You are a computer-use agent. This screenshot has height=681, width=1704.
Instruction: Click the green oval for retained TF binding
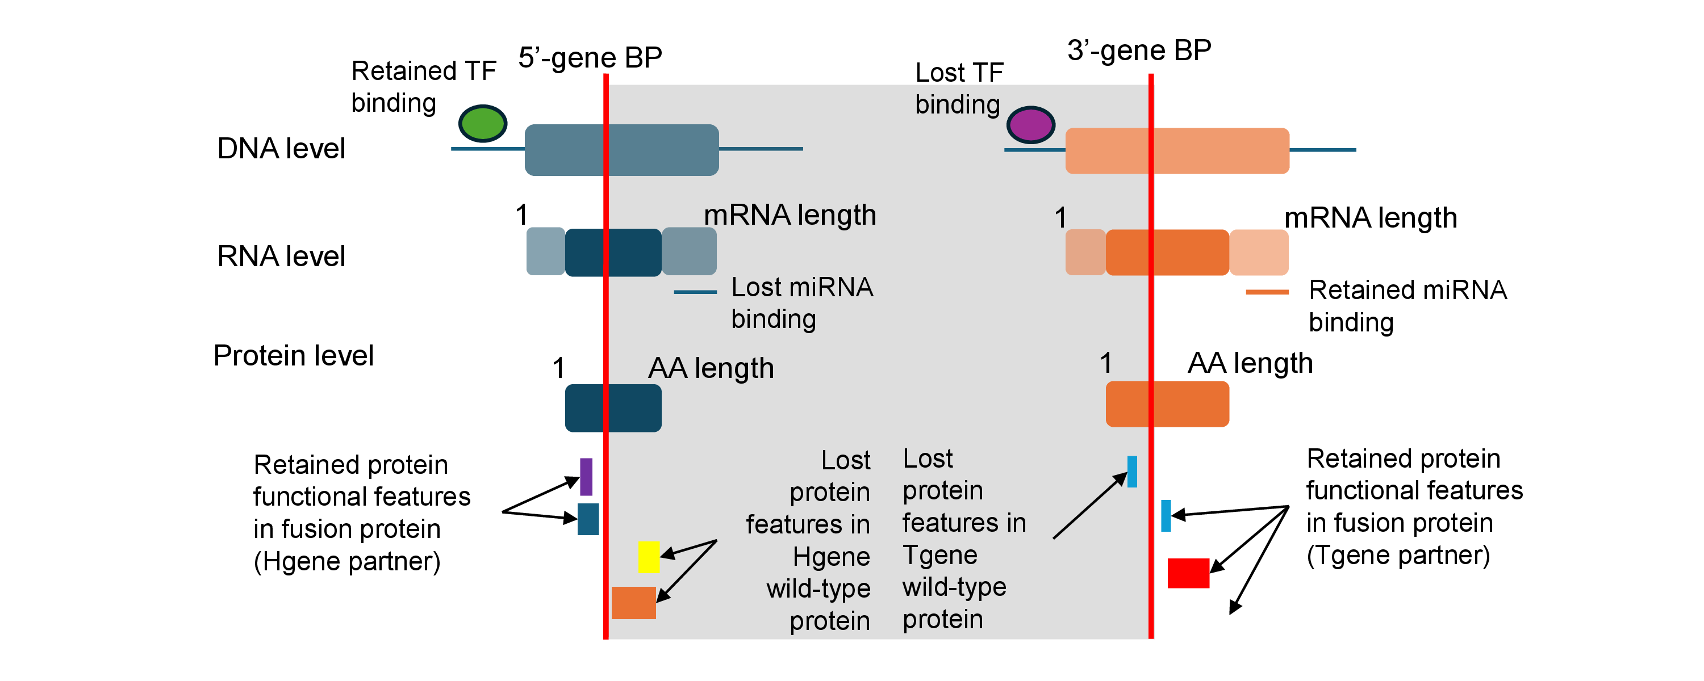pos(483,123)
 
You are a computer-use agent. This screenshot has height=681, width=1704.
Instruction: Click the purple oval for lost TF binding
pos(1030,125)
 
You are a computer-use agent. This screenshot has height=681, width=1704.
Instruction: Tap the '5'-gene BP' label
pos(590,57)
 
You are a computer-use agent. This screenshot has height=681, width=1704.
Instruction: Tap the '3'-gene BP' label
pos(1139,51)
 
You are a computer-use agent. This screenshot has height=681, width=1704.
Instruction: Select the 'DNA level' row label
pos(281,148)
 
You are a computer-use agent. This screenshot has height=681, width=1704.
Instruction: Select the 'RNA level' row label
pos(281,256)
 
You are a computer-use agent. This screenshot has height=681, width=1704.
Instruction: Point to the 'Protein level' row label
pos(293,356)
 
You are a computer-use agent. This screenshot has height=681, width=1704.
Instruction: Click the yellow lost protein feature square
pos(649,557)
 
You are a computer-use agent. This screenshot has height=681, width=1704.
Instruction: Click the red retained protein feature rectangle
pos(1189,573)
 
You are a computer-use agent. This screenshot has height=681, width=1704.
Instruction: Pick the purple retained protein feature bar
pos(586,477)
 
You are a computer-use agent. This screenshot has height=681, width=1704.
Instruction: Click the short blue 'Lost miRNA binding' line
pos(695,292)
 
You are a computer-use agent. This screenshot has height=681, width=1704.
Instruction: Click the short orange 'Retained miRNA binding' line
pos(1267,292)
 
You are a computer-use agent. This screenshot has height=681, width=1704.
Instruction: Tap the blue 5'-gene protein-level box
pos(613,408)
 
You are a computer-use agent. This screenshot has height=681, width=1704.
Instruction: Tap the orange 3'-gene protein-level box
pos(1168,404)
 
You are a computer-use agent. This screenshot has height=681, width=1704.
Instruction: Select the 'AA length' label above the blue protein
pos(711,368)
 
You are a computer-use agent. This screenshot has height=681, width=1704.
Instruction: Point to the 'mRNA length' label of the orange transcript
pos(1371,217)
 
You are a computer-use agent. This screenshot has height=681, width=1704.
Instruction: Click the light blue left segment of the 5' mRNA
pos(546,251)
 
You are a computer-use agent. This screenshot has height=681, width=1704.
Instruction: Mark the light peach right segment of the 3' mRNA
pos(1259,252)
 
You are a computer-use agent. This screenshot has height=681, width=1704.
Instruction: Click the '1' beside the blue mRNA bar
pos(522,215)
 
